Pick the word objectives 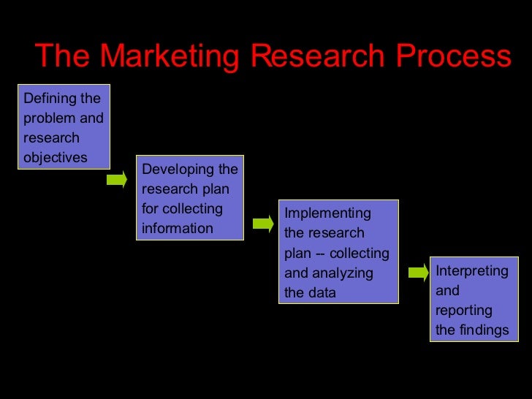(x=56, y=157)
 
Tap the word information (x=178, y=228)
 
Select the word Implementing (x=327, y=213)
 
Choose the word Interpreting (x=471, y=271)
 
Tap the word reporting (x=464, y=310)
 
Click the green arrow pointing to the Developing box (x=117, y=179)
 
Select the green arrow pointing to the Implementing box (x=263, y=223)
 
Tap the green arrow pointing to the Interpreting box (x=418, y=273)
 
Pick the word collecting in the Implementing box (x=360, y=254)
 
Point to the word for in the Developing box (x=150, y=209)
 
